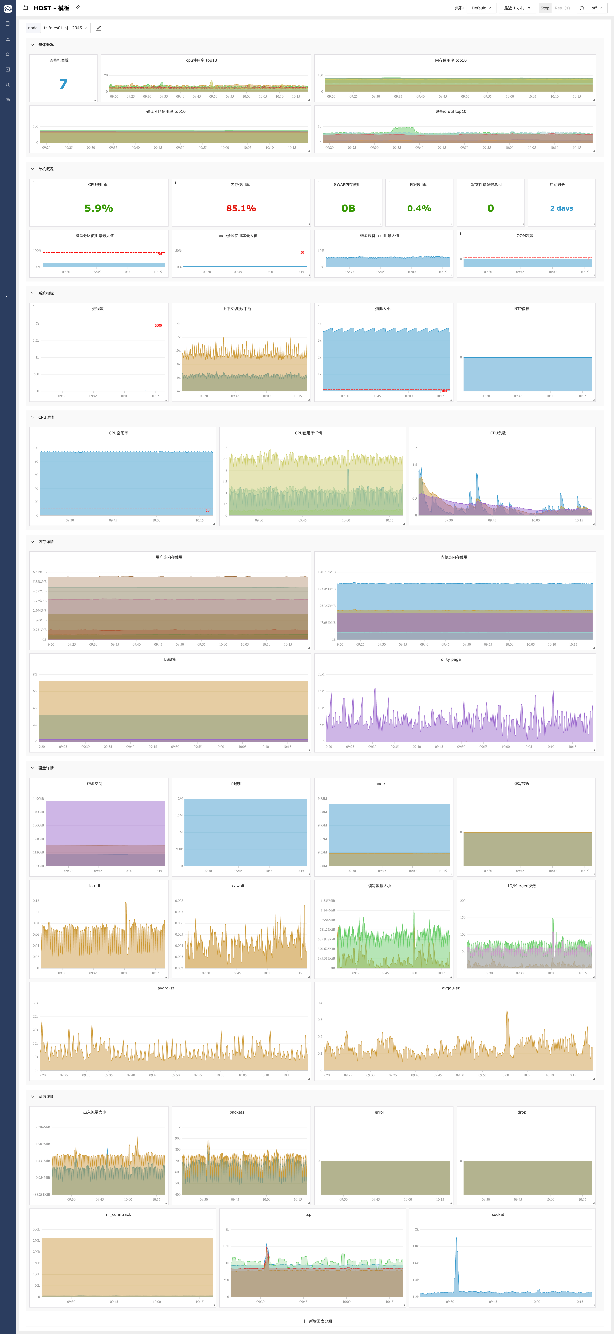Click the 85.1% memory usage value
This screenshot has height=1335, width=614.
tap(241, 208)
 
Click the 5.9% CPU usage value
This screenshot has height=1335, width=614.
tap(98, 208)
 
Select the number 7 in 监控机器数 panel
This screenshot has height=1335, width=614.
tap(63, 84)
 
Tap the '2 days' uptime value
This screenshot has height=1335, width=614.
tap(562, 208)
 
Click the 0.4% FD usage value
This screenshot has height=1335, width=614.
tap(419, 208)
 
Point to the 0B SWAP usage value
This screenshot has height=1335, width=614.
tap(348, 208)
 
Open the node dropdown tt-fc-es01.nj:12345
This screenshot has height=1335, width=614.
tap(65, 28)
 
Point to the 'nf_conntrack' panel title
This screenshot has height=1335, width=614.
tap(118, 1214)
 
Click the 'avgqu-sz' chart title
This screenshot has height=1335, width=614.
tap(451, 988)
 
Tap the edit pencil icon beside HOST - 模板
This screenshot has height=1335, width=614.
tap(78, 8)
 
